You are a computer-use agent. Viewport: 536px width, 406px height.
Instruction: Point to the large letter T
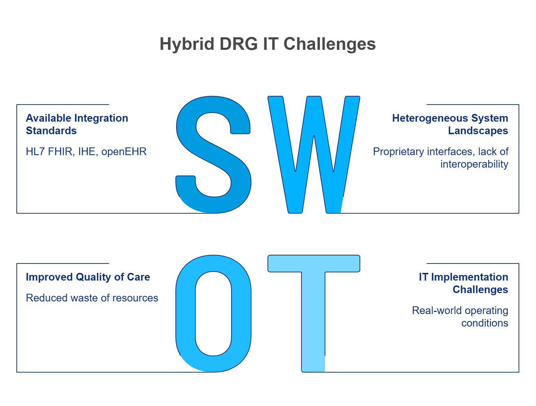click(313, 317)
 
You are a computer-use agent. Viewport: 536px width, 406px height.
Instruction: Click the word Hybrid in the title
click(187, 44)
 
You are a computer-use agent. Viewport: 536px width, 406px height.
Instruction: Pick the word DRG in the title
click(239, 44)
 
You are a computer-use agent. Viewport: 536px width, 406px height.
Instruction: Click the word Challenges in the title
click(330, 44)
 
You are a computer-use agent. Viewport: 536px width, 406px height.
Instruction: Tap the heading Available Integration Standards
click(77, 124)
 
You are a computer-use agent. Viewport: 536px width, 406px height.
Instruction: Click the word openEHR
click(124, 152)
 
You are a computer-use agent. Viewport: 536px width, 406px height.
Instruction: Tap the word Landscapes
click(478, 131)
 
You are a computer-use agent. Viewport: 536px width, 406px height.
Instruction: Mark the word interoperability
click(474, 164)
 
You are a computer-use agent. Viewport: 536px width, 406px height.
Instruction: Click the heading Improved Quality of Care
click(88, 277)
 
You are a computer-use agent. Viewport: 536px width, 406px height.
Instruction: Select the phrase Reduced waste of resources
click(92, 298)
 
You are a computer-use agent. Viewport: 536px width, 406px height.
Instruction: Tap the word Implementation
click(470, 277)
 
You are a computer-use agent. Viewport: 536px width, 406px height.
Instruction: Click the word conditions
click(485, 323)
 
